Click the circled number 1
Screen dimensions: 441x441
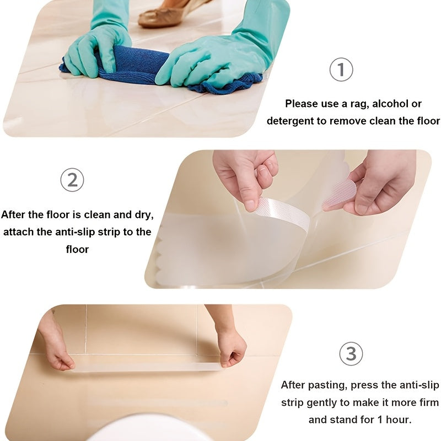(x=341, y=70)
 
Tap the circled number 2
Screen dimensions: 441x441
(x=72, y=180)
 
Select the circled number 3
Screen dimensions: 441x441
(x=351, y=353)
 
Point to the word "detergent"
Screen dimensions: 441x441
(x=290, y=121)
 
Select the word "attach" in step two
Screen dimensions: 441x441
(x=19, y=232)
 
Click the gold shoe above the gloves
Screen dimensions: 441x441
(x=165, y=14)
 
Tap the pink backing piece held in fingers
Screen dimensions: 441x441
(x=340, y=193)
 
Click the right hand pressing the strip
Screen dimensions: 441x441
(x=230, y=345)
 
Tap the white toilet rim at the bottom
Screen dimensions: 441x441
(x=149, y=427)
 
